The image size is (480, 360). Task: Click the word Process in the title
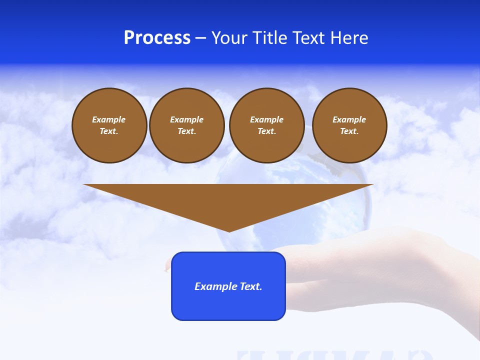[157, 38]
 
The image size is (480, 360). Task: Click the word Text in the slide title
[309, 38]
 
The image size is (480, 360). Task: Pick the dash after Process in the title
[201, 38]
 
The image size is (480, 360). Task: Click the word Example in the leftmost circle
[109, 119]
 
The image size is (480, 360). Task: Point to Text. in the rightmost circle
[349, 131]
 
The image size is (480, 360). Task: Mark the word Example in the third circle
[266, 119]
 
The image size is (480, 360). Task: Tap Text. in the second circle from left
[187, 131]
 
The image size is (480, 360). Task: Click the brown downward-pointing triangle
[228, 200]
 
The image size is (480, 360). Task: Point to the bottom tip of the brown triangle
[229, 230]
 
